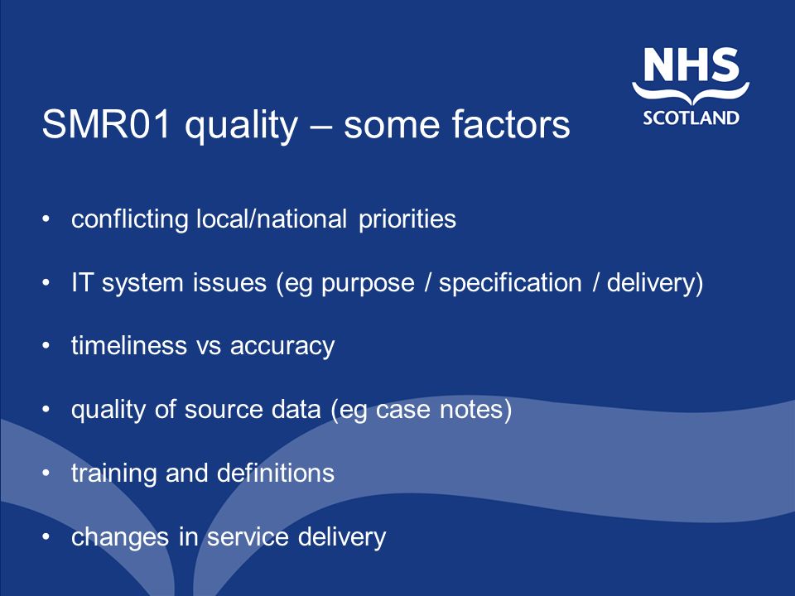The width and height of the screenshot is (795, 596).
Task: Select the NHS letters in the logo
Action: click(x=691, y=65)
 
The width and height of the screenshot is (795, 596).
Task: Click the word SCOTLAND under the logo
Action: click(x=691, y=118)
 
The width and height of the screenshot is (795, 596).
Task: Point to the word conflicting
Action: click(x=130, y=219)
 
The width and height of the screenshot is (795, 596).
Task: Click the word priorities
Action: click(x=407, y=219)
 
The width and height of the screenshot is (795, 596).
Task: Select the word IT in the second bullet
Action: click(x=81, y=282)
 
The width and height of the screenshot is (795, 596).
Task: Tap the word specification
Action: click(x=510, y=283)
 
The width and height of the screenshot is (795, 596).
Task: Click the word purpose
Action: click(x=368, y=284)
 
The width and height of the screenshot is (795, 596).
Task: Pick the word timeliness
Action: click(x=129, y=345)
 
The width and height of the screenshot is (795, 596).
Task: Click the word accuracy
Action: click(x=282, y=347)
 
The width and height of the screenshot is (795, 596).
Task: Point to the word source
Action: click(x=224, y=410)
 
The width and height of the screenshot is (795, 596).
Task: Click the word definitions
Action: click(x=276, y=473)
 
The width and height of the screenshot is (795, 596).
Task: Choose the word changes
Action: click(x=120, y=537)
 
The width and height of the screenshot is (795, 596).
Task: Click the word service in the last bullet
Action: click(x=248, y=537)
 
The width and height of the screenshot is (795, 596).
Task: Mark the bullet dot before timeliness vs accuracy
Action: click(x=46, y=346)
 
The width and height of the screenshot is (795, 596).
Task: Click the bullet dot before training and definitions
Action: click(x=46, y=473)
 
